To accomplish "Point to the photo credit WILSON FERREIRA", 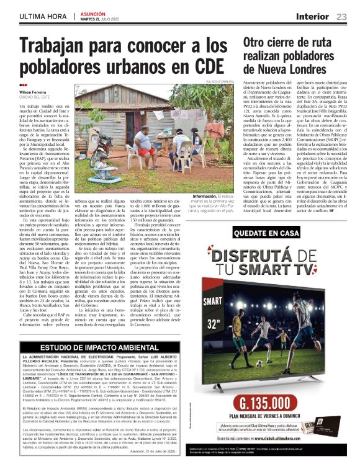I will [x=220, y=81].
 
